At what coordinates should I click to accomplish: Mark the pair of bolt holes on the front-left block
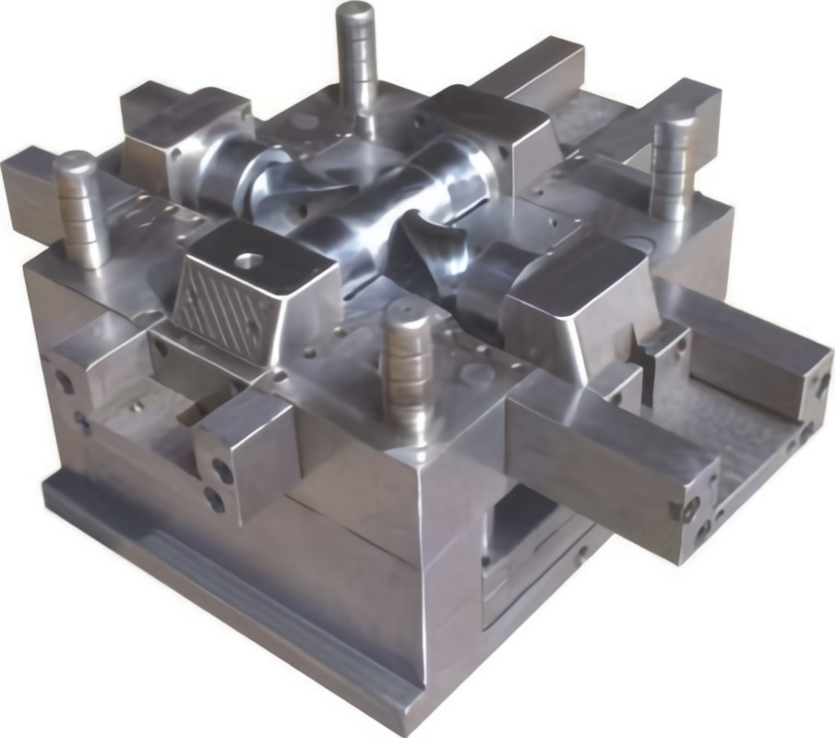[220, 483]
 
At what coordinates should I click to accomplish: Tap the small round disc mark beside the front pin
[476, 374]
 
